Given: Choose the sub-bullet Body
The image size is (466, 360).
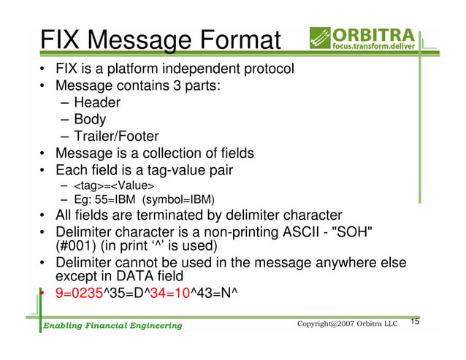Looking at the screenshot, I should [90, 120].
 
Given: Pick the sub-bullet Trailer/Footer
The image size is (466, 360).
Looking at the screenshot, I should [116, 137].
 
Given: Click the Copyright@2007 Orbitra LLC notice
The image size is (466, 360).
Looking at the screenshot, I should [348, 323].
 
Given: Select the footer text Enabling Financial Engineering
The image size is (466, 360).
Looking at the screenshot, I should [111, 325].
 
